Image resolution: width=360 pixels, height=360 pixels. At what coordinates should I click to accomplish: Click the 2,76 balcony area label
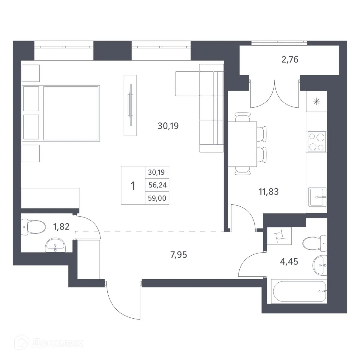click(x=290, y=60)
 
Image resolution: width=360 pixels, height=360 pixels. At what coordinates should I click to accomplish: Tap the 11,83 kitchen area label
click(x=268, y=191)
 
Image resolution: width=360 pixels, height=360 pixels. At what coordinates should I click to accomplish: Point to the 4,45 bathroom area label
click(x=289, y=262)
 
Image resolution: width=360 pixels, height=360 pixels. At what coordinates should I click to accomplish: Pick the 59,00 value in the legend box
click(x=157, y=198)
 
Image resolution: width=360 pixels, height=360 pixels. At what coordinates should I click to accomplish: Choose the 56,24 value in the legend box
click(x=157, y=185)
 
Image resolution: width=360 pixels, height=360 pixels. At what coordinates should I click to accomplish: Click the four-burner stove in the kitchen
click(x=316, y=142)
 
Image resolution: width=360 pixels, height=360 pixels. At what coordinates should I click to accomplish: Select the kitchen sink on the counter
click(x=317, y=197)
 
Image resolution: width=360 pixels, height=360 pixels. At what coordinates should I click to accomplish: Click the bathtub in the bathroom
click(x=299, y=291)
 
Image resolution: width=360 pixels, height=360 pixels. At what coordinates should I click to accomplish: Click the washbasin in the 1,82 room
click(x=55, y=246)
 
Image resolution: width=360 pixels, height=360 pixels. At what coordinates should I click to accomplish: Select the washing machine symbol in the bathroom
click(x=279, y=236)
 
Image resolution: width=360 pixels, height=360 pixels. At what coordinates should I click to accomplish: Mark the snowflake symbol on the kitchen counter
click(x=316, y=101)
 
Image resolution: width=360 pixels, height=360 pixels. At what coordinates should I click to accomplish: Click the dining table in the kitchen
click(x=242, y=144)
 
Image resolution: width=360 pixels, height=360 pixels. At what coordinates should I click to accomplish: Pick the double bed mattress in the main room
click(x=71, y=113)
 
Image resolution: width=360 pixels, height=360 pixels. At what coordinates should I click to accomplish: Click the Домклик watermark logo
click(x=51, y=343)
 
